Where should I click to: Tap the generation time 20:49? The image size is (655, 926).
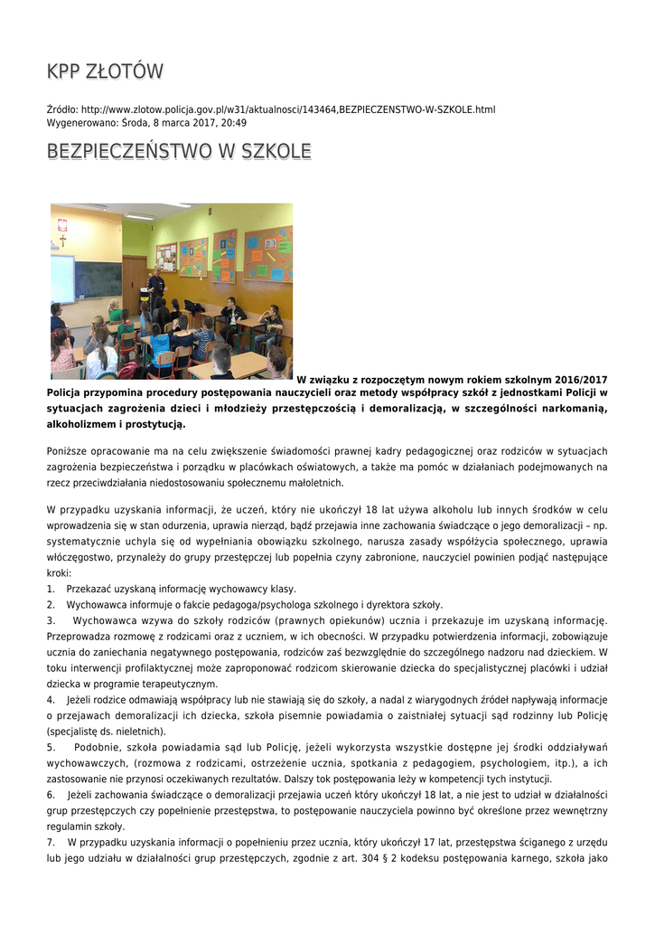pos(234,123)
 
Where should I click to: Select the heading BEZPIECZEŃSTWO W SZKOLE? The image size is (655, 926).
pos(179,151)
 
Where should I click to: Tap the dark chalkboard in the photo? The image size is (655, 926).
pos(98,279)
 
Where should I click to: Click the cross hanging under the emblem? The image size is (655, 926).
pos(62,241)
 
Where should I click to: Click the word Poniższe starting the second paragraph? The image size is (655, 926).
pos(69,451)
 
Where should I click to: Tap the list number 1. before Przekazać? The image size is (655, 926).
pos(51,589)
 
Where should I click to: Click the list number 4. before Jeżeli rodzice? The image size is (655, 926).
pos(51,700)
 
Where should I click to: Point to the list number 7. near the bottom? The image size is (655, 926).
pos(51,843)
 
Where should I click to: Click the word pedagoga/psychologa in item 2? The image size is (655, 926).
pos(256,605)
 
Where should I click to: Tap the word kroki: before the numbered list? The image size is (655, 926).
pos(59,573)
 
